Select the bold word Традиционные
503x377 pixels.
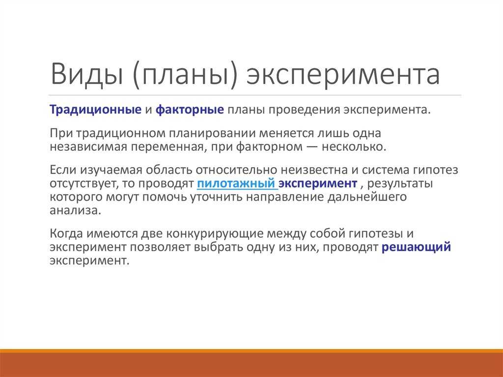[95, 110]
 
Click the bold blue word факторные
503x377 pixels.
[190, 110]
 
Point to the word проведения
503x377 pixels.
[304, 110]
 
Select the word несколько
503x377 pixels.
[354, 147]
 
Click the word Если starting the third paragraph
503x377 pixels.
[63, 170]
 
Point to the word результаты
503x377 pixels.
[400, 184]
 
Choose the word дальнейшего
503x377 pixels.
[367, 197]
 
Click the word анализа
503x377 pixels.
[75, 210]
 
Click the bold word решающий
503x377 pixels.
[416, 247]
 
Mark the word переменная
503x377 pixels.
[167, 147]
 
